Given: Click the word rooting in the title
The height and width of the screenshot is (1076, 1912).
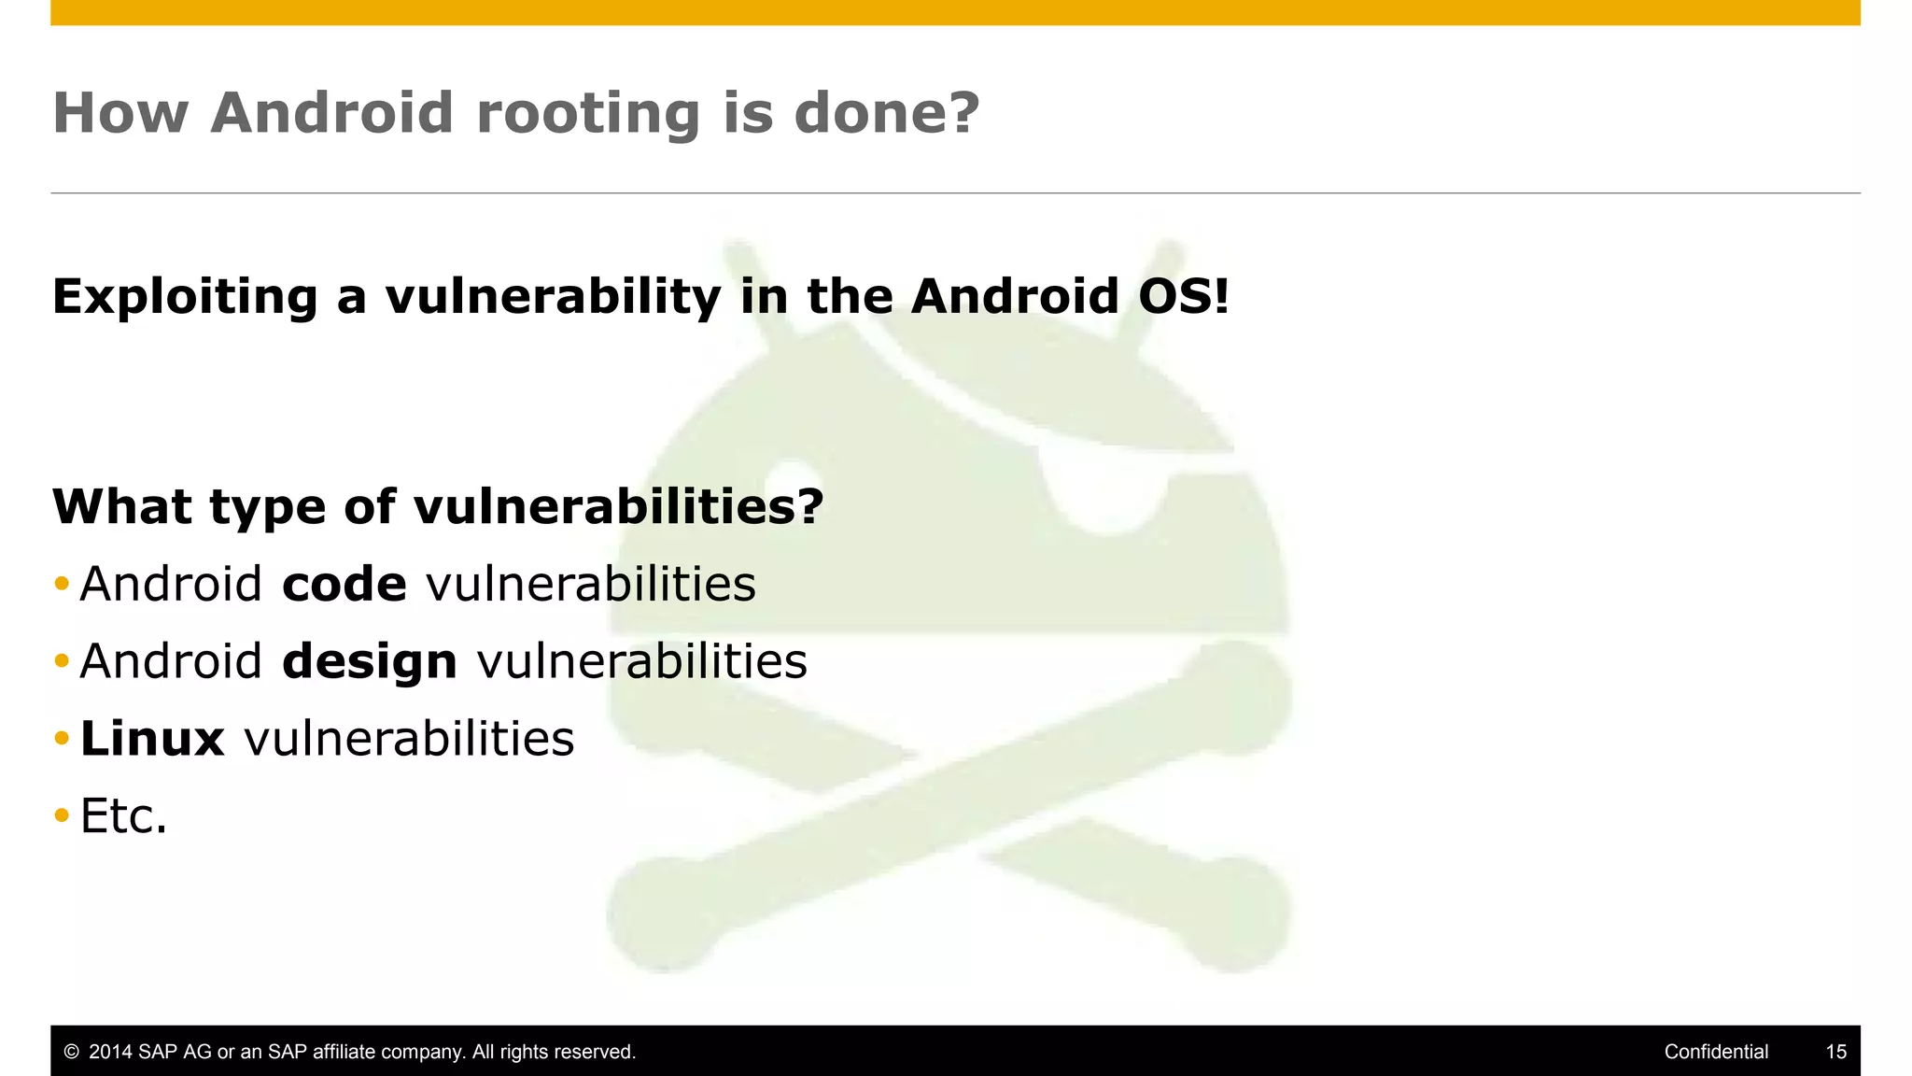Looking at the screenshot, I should click(587, 114).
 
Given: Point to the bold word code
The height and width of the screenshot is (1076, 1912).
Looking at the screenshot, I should click(344, 585).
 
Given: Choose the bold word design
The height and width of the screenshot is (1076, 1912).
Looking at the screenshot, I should click(369, 662).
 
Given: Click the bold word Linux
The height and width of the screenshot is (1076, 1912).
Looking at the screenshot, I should click(152, 739).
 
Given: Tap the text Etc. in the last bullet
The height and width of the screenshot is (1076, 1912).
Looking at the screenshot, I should click(123, 816).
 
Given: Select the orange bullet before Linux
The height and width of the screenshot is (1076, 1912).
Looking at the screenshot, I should click(62, 739).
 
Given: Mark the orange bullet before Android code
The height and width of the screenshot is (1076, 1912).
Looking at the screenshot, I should click(62, 585).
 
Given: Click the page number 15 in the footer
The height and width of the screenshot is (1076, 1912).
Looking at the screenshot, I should click(1835, 1052).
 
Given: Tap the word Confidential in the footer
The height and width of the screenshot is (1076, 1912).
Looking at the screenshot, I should click(1716, 1052).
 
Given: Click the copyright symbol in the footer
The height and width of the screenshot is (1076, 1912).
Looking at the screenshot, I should click(71, 1053).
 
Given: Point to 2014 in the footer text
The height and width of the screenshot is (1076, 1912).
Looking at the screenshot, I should click(110, 1052).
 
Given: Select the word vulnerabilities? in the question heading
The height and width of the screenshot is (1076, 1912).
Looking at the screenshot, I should click(618, 507).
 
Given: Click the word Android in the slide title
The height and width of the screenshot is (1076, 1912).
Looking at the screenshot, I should click(331, 114).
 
